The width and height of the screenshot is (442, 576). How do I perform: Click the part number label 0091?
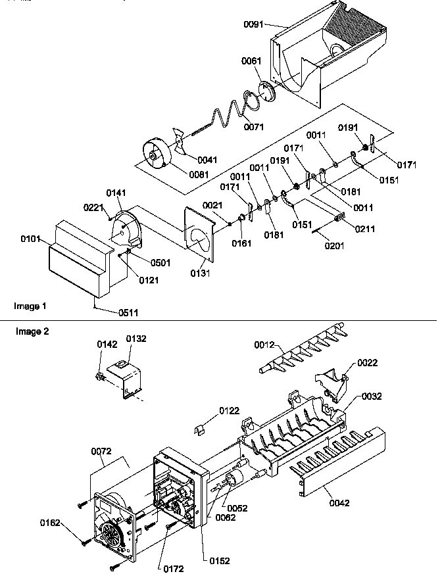tap(253, 24)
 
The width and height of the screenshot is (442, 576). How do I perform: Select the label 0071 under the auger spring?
tap(253, 126)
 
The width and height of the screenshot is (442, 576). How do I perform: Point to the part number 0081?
tap(199, 174)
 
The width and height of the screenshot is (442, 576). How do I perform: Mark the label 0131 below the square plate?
tap(197, 272)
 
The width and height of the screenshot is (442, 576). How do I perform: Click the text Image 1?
tap(30, 306)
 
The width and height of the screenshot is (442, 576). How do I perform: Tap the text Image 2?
tap(32, 331)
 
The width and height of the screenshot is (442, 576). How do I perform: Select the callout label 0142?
tap(107, 344)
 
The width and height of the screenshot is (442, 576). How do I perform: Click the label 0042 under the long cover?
tap(339, 503)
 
